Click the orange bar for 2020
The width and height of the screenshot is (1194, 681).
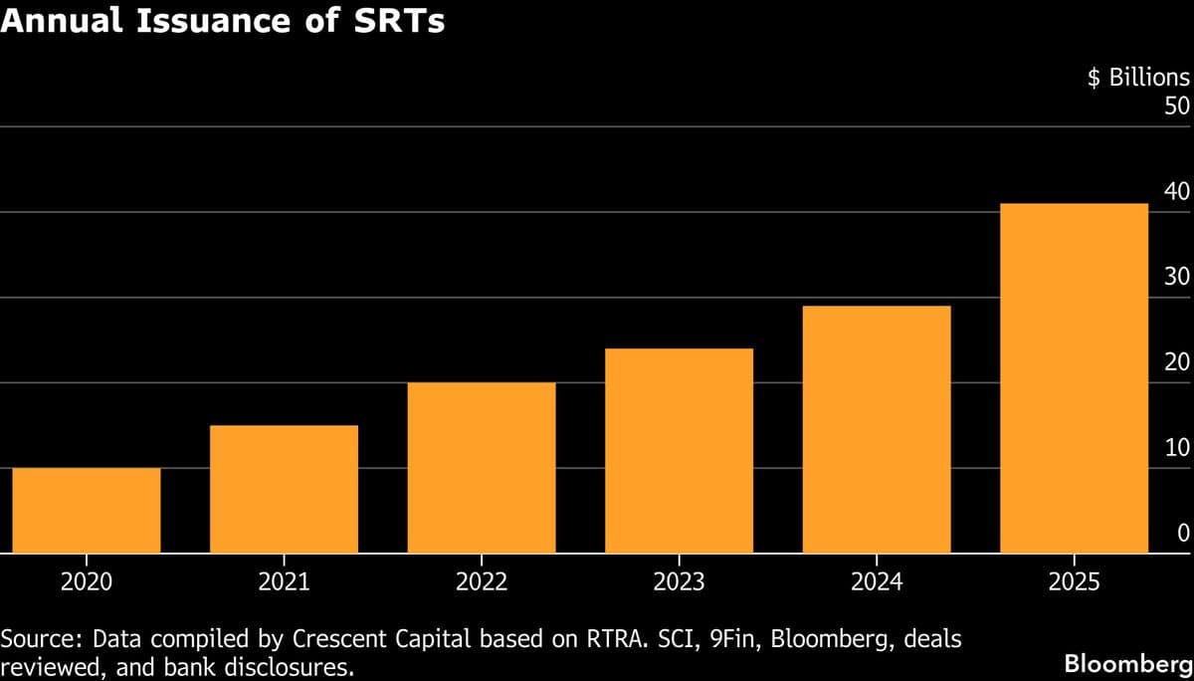[x=87, y=510]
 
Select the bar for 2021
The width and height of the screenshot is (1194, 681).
[x=284, y=489]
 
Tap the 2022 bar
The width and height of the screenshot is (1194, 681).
[x=482, y=467]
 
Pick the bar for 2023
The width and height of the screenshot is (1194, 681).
[x=679, y=450]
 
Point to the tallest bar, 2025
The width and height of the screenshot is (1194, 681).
[x=1074, y=377]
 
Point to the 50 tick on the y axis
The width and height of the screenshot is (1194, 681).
[x=1176, y=106]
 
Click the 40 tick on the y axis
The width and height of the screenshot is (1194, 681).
[x=1176, y=191]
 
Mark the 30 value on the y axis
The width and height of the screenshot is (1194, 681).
[x=1176, y=277]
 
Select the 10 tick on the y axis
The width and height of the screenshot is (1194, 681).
[x=1176, y=448]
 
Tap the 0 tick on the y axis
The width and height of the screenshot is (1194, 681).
[x=1183, y=534]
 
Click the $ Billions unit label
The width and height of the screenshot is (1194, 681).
[x=1137, y=79]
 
